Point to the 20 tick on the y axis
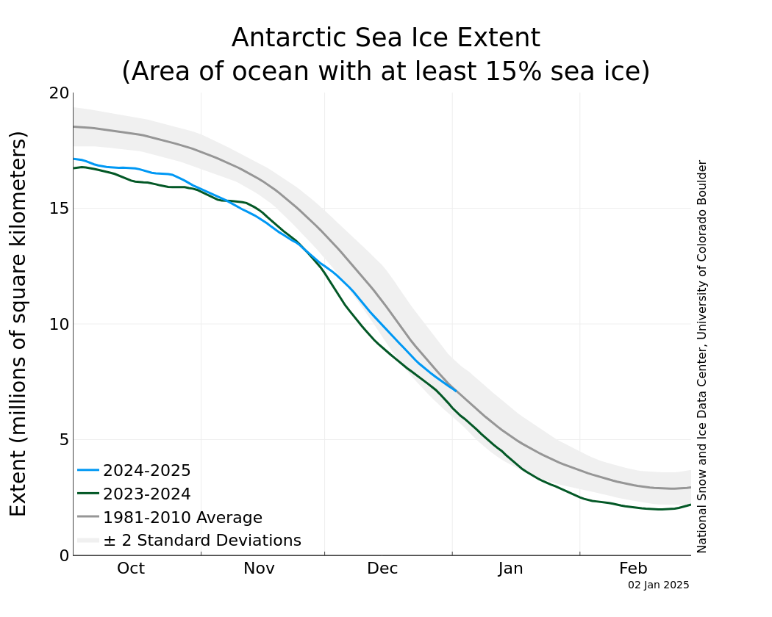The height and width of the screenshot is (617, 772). pyautogui.click(x=60, y=93)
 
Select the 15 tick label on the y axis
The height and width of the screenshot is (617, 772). pyautogui.click(x=60, y=209)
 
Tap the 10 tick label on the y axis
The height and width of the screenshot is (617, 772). pyautogui.click(x=60, y=324)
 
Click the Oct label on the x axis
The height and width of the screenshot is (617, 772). pyautogui.click(x=131, y=569)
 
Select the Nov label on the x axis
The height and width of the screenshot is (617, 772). pyautogui.click(x=259, y=569)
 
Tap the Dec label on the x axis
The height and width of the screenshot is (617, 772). pyautogui.click(x=383, y=569)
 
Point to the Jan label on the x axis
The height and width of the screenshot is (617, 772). pyautogui.click(x=510, y=569)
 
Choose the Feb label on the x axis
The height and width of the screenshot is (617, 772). pyautogui.click(x=633, y=569)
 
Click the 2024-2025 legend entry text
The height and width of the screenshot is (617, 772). pyautogui.click(x=147, y=471)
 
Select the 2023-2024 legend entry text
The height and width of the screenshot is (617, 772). pyautogui.click(x=147, y=494)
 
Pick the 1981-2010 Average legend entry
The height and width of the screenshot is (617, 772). pyautogui.click(x=182, y=518)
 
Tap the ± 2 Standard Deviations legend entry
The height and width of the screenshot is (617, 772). pyautogui.click(x=202, y=541)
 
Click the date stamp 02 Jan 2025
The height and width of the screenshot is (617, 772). pyautogui.click(x=659, y=585)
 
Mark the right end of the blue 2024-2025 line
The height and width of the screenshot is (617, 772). pyautogui.click(x=457, y=391)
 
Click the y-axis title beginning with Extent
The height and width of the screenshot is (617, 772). pyautogui.click(x=18, y=323)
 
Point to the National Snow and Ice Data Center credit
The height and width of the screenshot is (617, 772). pyautogui.click(x=702, y=356)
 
